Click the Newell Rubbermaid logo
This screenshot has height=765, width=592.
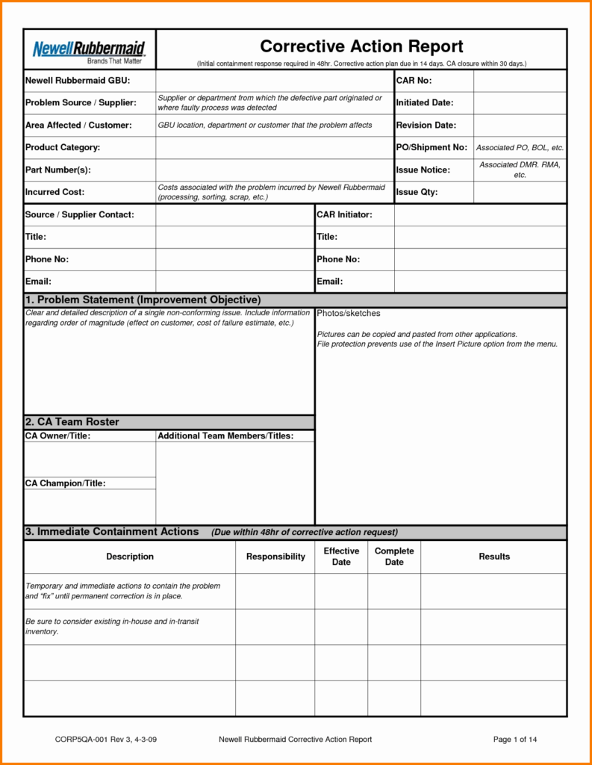pyautogui.click(x=89, y=50)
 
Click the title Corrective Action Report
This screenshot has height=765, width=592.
pyautogui.click(x=361, y=46)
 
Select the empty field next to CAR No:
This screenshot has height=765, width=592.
pyautogui.click(x=520, y=81)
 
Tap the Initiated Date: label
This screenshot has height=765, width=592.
pyautogui.click(x=424, y=102)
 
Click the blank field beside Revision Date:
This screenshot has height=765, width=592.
pyautogui.click(x=520, y=126)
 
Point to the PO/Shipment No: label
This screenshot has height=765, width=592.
pyautogui.click(x=431, y=148)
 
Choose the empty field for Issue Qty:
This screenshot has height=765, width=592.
pyautogui.click(x=520, y=192)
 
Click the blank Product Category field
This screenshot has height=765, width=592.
pyautogui.click(x=274, y=148)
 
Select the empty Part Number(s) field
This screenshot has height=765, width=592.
pyautogui.click(x=274, y=170)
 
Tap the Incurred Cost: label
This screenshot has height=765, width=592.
pyautogui.click(x=54, y=192)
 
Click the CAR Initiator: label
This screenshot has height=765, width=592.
pyautogui.click(x=344, y=215)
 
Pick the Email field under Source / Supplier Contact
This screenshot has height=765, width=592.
pyautogui.click(x=234, y=282)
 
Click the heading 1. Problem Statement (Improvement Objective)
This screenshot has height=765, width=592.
pyautogui.click(x=143, y=300)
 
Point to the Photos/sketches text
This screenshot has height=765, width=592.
pyautogui.click(x=348, y=313)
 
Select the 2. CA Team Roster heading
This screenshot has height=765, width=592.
pyautogui.click(x=72, y=422)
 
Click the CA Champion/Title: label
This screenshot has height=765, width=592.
pyautogui.click(x=65, y=483)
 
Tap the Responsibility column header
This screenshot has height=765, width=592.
pyautogui.click(x=275, y=557)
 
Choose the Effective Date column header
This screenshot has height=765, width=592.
pyautogui.click(x=341, y=557)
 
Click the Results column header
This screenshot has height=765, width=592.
pyautogui.click(x=493, y=557)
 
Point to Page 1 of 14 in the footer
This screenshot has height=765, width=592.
pyautogui.click(x=515, y=740)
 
